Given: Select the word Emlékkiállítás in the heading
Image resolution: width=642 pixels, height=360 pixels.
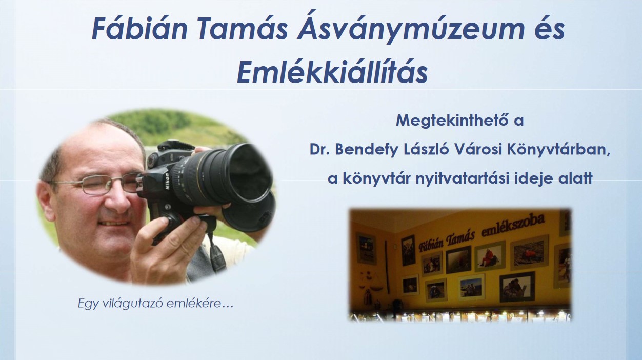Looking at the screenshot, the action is pos(332,72).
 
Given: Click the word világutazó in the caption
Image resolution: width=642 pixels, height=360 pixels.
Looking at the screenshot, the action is pos(133,304).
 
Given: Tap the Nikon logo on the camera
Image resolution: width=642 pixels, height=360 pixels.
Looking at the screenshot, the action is pos(167,182).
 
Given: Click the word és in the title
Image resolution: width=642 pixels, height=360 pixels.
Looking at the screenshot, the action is pos(548,30).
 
